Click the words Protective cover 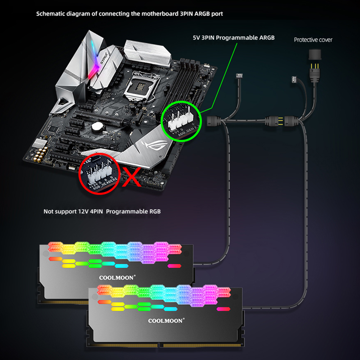click(x=313, y=40)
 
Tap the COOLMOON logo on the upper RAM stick click(x=117, y=277)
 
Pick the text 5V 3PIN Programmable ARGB click(x=233, y=37)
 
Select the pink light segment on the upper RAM click(x=174, y=266)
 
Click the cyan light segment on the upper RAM click(x=122, y=266)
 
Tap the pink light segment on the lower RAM click(x=223, y=309)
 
